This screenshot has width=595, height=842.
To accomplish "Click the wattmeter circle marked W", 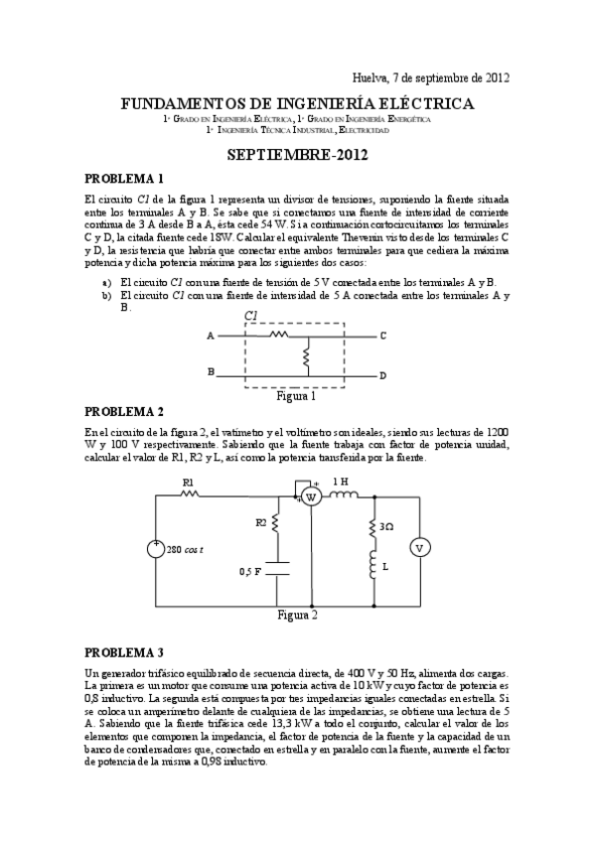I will coord(309,496).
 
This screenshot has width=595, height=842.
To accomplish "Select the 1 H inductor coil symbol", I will coord(341,495).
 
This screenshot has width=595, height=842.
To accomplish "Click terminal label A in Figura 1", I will coord(210,336).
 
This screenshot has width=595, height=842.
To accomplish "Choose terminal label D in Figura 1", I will coord(382,376).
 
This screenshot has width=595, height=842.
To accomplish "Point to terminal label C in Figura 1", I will coord(382,336).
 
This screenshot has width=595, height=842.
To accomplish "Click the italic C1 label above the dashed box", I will coord(251,316).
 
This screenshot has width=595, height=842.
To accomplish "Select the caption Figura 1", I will coord(296,395).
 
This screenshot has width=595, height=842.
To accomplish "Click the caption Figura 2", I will coord(297,615).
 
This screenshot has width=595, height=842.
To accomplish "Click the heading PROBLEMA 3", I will coord(124,652).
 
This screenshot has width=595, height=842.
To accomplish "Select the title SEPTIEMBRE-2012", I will coord(297,156).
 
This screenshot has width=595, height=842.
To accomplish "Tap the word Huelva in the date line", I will coord(372,77).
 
